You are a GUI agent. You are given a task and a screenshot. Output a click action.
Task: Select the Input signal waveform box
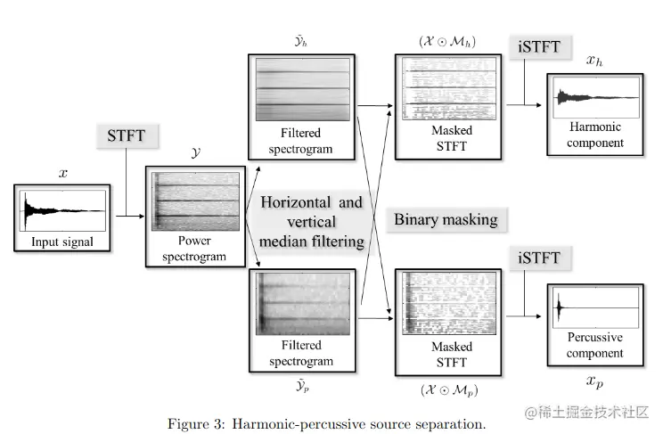pyautogui.click(x=62, y=217)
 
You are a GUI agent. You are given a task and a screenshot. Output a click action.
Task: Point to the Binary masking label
pyautogui.click(x=446, y=219)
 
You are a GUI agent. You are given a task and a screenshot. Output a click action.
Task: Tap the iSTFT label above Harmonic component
pyautogui.click(x=539, y=47)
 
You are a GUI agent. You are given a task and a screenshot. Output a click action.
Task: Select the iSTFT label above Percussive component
pyautogui.click(x=539, y=258)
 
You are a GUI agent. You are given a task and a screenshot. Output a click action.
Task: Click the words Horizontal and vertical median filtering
pyautogui.click(x=312, y=220)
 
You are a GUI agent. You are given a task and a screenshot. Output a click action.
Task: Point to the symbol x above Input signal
pyautogui.click(x=62, y=173)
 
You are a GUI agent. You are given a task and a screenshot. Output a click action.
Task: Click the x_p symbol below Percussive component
pyautogui.click(x=594, y=381)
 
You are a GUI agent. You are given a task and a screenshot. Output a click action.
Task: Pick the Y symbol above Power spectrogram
pyautogui.click(x=195, y=152)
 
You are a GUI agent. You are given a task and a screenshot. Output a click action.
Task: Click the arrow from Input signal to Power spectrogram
pyautogui.click(x=128, y=216)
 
